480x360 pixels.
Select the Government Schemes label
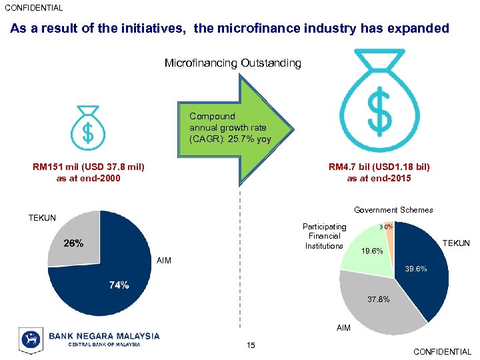tap(393, 210)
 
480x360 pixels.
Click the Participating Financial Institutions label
tap(324, 236)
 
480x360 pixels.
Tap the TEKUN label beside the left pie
tap(42, 218)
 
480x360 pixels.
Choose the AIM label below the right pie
tap(343, 328)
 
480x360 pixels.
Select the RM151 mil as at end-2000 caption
tap(89, 173)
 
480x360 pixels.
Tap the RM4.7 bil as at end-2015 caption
tap(379, 173)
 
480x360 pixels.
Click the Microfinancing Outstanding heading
tap(233, 63)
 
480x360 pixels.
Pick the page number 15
tap(251, 345)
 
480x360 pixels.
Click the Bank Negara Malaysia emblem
tap(31, 339)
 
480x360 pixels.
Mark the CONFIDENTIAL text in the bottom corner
tap(442, 352)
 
